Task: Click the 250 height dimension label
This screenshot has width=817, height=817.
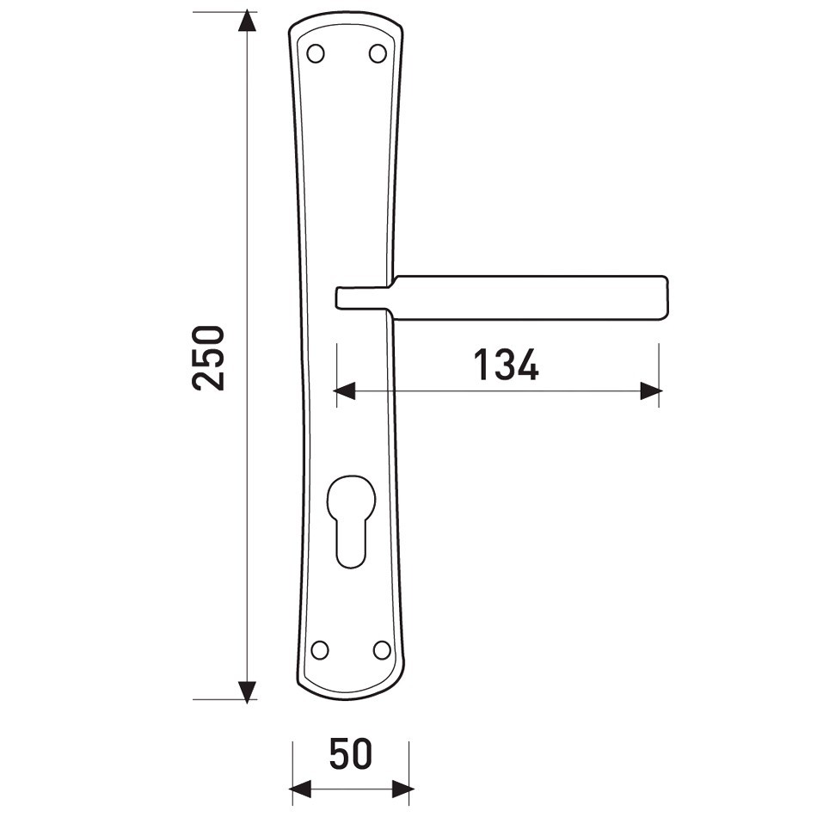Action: pos(208,358)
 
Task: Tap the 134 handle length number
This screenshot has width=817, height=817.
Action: pos(506,365)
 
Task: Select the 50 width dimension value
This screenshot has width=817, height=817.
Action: pos(351,754)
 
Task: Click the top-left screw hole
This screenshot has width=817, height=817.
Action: pos(316,53)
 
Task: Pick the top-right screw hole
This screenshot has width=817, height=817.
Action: pos(378,53)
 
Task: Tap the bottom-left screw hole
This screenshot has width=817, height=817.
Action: pos(319,650)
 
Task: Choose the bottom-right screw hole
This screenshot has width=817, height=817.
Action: pos(382,650)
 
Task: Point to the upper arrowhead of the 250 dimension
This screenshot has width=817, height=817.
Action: pos(247,21)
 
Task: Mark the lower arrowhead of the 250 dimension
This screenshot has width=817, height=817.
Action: pos(247,691)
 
